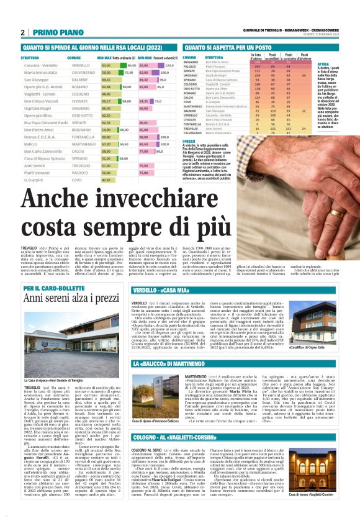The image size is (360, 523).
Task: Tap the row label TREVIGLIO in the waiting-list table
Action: (193, 128)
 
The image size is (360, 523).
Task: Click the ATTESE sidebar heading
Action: (323, 64)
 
